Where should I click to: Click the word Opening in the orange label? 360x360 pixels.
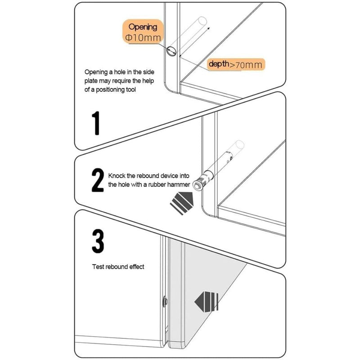coord(143,27)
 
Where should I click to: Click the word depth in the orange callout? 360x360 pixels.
coord(219,64)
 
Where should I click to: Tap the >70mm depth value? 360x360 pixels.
coord(245,65)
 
